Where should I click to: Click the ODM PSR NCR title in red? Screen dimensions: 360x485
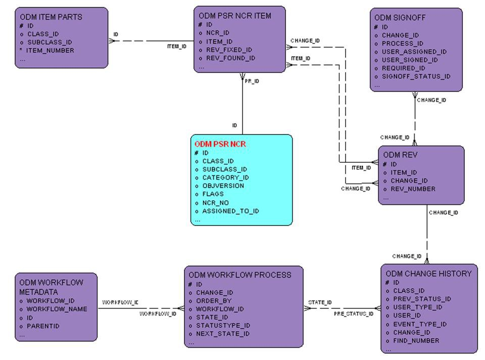220,144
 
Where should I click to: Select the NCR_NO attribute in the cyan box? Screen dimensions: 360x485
215,203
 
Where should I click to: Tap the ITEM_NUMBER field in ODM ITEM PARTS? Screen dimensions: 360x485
50,51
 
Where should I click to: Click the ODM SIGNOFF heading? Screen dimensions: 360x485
400,18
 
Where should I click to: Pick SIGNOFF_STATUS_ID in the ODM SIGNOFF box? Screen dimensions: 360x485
416,76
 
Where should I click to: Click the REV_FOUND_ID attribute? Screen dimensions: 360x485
230,58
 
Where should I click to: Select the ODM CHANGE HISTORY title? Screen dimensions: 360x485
428,274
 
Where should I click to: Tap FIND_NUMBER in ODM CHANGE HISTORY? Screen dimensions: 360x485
416,340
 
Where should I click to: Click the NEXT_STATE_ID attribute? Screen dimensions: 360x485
223,334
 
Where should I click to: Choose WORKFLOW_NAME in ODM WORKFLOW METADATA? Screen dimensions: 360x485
57,309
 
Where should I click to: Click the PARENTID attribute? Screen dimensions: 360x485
42,326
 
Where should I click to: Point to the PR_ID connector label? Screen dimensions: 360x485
252,81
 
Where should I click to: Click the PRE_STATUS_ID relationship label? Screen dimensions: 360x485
353,313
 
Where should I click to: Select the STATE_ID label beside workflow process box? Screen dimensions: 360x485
320,302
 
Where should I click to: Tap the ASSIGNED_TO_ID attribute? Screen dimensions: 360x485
230,211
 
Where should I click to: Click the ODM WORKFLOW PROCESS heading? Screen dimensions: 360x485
240,275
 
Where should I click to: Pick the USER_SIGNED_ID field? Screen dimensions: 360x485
410,60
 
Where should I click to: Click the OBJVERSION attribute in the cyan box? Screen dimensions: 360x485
223,186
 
